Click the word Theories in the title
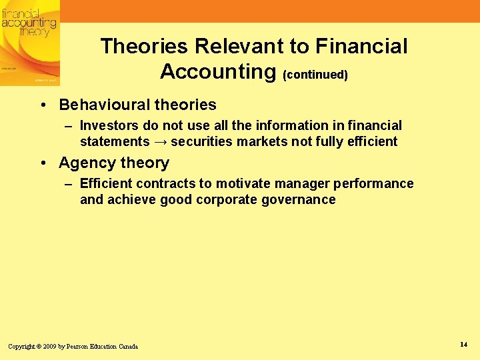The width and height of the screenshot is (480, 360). [x=144, y=47]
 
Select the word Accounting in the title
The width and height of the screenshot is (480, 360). [x=218, y=71]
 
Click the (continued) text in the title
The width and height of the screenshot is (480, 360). [x=315, y=75]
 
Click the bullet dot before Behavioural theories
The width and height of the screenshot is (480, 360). [x=42, y=105]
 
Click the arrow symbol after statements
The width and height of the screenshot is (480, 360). [x=161, y=141]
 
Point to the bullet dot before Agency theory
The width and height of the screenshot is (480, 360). [x=42, y=163]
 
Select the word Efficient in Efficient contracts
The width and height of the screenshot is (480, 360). [x=106, y=183]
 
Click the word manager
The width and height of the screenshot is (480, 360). [x=304, y=183]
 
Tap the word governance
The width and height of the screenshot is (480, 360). [x=301, y=199]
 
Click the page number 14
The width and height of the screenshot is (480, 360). [x=463, y=344]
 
